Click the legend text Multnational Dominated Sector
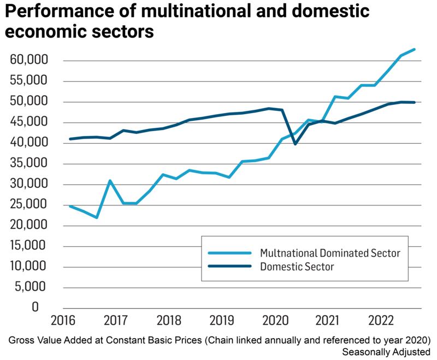(x=330, y=253)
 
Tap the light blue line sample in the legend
(x=230, y=253)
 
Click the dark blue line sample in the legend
(x=230, y=267)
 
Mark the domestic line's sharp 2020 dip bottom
(x=295, y=144)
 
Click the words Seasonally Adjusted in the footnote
(x=388, y=351)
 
